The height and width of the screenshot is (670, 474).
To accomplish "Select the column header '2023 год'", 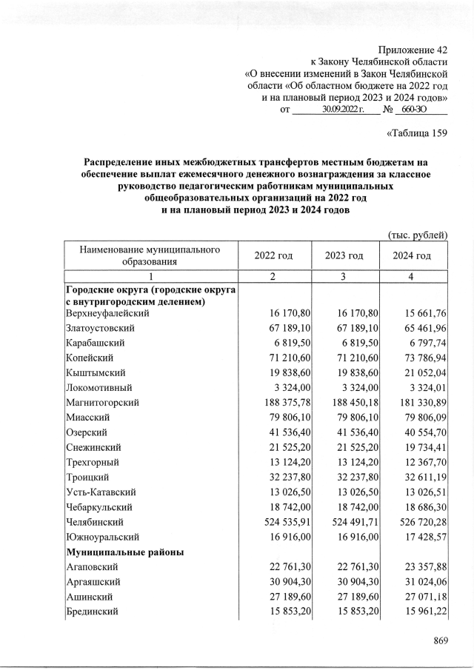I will click(x=344, y=255).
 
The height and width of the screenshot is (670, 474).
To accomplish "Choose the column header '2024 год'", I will click(x=413, y=255).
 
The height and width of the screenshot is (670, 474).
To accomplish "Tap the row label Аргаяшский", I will click(x=93, y=582).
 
